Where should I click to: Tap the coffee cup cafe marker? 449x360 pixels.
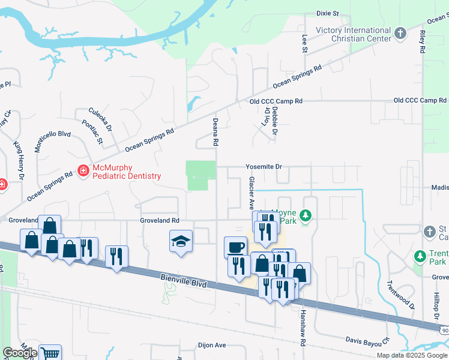pos(235,247)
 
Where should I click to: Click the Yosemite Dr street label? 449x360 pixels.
pos(264,166)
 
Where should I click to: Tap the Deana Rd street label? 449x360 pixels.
pos(214,133)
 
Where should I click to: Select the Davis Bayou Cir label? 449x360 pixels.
pos(368,340)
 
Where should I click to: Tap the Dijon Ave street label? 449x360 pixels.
pos(212,346)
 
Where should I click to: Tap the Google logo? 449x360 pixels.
pos(19,353)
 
